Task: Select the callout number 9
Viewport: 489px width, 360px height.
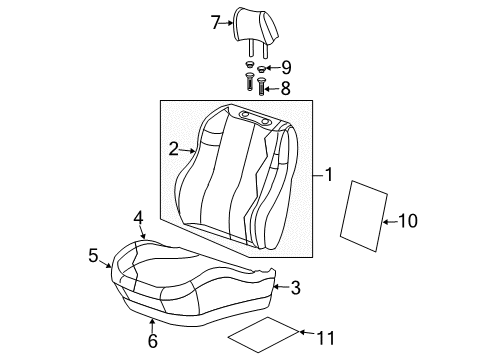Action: click(x=285, y=68)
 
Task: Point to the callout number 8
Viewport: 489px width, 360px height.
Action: click(x=285, y=88)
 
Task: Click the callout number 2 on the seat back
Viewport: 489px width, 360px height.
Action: click(x=173, y=149)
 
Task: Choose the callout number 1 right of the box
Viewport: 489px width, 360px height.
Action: click(x=328, y=176)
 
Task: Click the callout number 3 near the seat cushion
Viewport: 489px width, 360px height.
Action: click(x=294, y=289)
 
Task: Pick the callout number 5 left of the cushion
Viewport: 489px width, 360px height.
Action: click(x=93, y=255)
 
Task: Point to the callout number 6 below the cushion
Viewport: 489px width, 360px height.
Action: click(x=152, y=341)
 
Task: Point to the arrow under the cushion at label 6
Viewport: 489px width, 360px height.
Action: click(x=152, y=326)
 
